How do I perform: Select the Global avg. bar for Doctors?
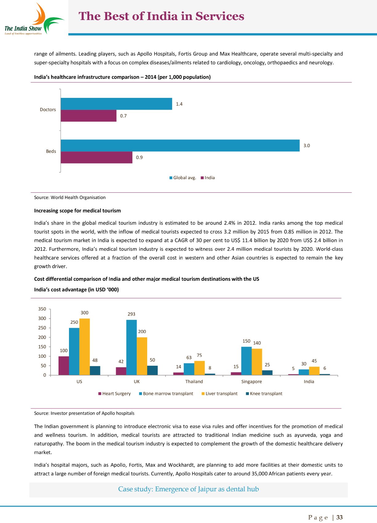click(x=116, y=104)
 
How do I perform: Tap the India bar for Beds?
click(x=96, y=157)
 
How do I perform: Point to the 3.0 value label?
click(x=306, y=146)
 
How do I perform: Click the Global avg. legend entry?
click(x=183, y=178)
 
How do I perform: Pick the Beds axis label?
click(x=51, y=151)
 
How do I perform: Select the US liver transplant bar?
click(x=84, y=347)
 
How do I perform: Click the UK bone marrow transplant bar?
click(x=132, y=347)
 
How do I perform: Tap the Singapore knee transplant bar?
click(x=267, y=372)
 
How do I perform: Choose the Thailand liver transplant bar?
click(x=199, y=368)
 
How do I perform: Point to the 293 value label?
click(x=132, y=314)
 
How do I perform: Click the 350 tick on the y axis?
click(x=42, y=309)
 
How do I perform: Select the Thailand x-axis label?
click(x=194, y=381)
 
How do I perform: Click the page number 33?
click(x=339, y=517)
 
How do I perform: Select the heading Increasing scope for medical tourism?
click(x=77, y=211)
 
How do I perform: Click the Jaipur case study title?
click(x=188, y=489)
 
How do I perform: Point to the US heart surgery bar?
click(x=64, y=366)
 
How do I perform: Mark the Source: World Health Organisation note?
click(x=70, y=197)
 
